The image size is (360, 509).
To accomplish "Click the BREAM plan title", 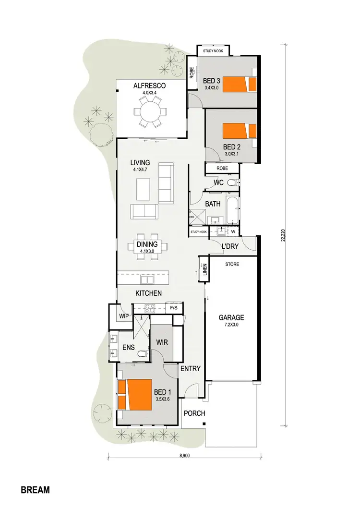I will [36, 490].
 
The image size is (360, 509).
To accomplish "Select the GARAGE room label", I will [231, 317].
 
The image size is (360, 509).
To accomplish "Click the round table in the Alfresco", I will [148, 112].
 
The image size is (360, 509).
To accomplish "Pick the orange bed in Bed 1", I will [136, 395].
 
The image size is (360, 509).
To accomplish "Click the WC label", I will [219, 182].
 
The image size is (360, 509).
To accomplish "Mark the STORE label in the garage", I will [232, 264].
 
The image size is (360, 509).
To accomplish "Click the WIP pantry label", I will [124, 316].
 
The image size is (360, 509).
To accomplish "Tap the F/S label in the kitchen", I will [174, 307].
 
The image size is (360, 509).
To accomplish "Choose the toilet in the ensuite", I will [142, 354].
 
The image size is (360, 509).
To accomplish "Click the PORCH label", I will [194, 413].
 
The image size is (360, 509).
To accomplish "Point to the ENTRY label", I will [190, 368].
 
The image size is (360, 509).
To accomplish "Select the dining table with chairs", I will [148, 246].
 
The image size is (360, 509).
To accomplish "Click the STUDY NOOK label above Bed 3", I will [213, 50].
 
